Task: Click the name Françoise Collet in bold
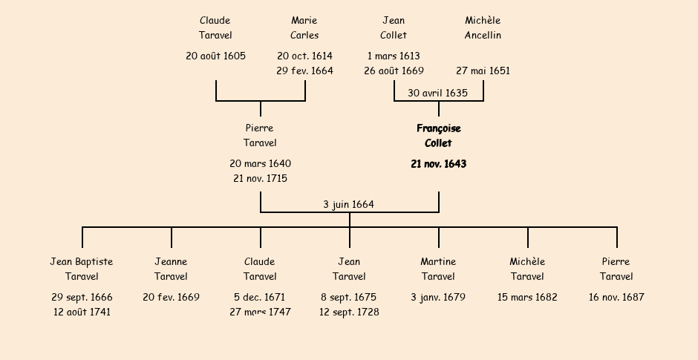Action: [x=438, y=136]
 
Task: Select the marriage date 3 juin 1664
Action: [x=348, y=204]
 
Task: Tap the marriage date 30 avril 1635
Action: [x=437, y=93]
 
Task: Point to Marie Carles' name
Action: [x=304, y=27]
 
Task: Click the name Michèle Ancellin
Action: [x=483, y=27]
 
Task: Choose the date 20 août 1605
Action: [x=215, y=56]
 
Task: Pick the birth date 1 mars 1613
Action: [x=394, y=56]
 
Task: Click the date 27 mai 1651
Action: [x=483, y=71]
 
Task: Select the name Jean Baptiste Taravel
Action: [x=82, y=269]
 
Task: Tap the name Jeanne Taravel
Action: [x=171, y=269]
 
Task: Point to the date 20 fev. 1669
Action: [x=171, y=297]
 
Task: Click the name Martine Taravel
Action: [x=438, y=269]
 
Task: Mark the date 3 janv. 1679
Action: [x=438, y=297]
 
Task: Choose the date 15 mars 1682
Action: [x=527, y=297]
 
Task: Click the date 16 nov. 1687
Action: [x=616, y=297]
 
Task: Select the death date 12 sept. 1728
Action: [x=349, y=312]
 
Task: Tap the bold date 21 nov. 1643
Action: [x=438, y=164]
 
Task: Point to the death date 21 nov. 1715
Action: [x=260, y=178]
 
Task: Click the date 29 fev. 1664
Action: [x=304, y=71]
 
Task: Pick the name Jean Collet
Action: [x=394, y=27]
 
